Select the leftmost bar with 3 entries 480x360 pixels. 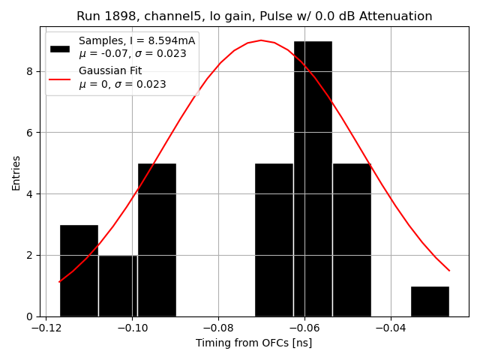click(79, 270)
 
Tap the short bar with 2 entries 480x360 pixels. click(118, 286)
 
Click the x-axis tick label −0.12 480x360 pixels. click(46, 328)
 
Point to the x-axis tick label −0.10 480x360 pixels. click(132, 328)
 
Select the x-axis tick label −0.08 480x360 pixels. click(217, 328)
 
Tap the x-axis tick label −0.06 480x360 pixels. click(304, 328)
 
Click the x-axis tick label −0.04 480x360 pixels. click(389, 328)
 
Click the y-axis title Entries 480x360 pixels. click(16, 172)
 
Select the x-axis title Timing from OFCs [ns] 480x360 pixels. click(254, 343)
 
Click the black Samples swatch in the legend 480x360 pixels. click(60, 49)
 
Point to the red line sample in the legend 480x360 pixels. click(60, 79)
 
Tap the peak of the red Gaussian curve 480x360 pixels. click(261, 40)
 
